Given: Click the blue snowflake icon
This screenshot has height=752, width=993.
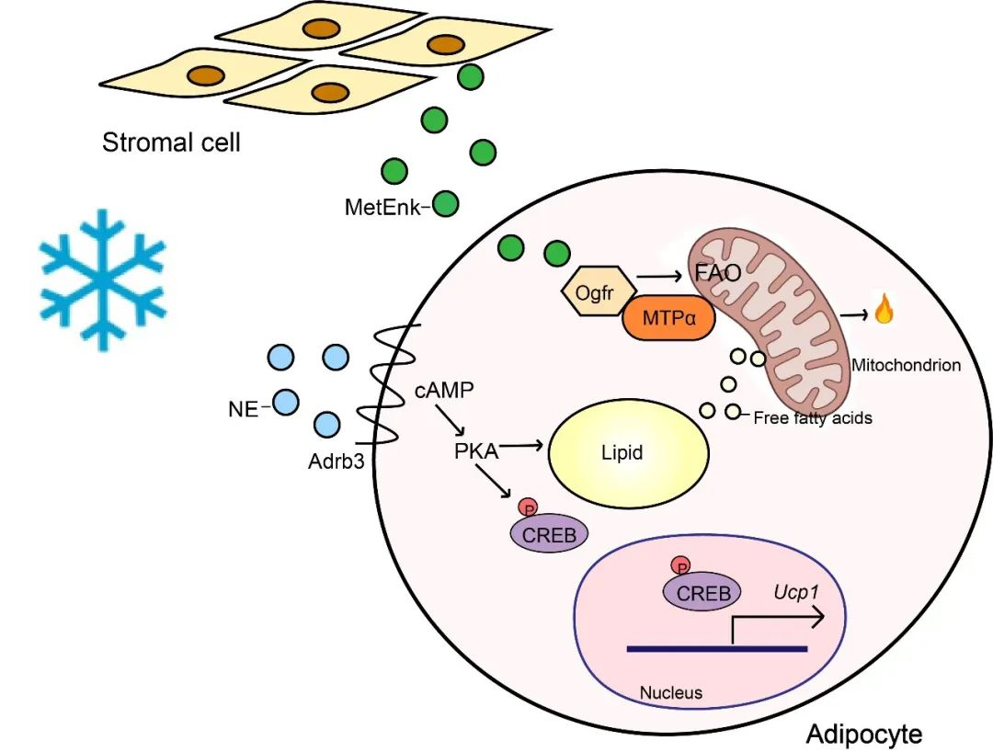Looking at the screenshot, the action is pos(103,279).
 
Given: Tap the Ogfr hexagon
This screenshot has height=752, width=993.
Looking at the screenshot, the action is pos(595,292).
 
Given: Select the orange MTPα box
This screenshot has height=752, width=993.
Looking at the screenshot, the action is pos(669,318).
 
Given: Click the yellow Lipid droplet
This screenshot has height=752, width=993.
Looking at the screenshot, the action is pos(628,452).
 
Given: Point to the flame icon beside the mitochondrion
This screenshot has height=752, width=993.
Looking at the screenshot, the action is pos(884,308).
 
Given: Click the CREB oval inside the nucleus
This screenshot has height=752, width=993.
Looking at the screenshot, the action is pos(703,593).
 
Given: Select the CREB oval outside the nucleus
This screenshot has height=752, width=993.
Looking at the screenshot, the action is pos(549,535).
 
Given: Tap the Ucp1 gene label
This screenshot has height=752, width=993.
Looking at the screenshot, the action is pos(796,592).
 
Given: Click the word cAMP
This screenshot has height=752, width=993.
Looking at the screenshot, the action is pos(444,391).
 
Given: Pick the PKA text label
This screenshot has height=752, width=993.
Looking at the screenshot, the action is pos(476,451).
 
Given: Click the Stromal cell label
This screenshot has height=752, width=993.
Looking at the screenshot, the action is pos(171,142).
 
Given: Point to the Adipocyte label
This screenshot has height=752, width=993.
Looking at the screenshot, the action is pos(863,735).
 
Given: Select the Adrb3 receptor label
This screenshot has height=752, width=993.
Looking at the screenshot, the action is pos(337,461).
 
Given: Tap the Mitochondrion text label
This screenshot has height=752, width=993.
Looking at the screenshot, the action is pos(906,365).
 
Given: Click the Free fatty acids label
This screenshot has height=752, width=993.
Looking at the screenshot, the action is pos(813,417).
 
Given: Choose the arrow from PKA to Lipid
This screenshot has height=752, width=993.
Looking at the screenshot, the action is pos(522,446).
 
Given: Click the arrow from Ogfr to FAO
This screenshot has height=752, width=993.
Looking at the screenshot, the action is pos(658,276).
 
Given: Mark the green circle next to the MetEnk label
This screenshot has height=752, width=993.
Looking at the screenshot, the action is pos(445,204).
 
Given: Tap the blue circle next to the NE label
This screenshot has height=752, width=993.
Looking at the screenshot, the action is pos(286,402).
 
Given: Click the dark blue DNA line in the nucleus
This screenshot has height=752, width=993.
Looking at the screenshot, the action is pos(717,649).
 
